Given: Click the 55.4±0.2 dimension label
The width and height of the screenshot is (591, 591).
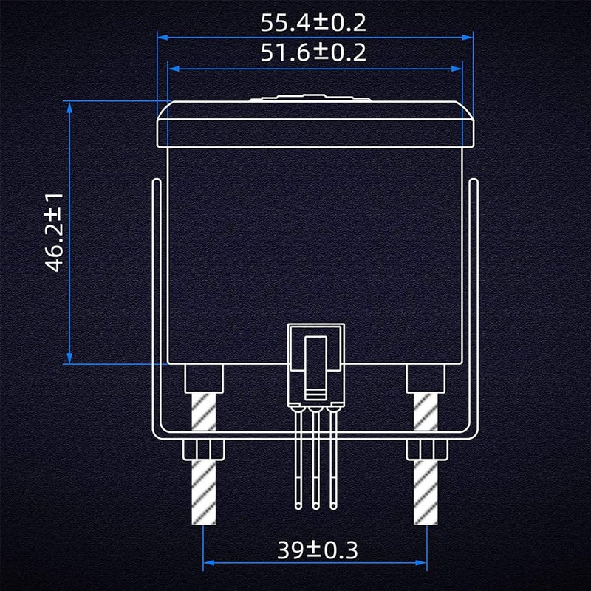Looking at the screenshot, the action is click(x=313, y=23).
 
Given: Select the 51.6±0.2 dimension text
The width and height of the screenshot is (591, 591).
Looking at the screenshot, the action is click(x=313, y=52).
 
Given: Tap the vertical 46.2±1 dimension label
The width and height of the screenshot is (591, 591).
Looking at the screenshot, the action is click(x=54, y=233).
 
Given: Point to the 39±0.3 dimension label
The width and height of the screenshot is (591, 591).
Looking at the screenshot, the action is click(x=318, y=550).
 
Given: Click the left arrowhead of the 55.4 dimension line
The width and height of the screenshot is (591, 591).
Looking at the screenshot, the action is click(x=163, y=38).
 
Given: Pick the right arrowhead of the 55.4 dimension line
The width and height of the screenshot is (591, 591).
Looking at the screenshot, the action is click(x=468, y=38).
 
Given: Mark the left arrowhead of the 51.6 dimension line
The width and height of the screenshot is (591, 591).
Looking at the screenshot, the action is click(x=174, y=69).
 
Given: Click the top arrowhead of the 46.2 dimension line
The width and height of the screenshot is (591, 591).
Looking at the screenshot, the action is click(x=69, y=107).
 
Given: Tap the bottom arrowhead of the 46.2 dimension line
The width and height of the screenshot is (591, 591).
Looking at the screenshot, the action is click(x=69, y=358).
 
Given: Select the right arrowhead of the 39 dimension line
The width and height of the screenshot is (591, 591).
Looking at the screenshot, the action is click(x=421, y=563).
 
